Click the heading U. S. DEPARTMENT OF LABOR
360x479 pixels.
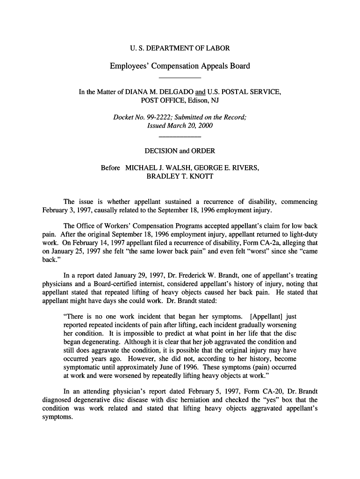pos(180,48)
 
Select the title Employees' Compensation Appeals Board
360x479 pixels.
pos(180,66)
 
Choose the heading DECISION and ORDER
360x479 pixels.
pos(180,151)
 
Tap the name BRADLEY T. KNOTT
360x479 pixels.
pos(180,176)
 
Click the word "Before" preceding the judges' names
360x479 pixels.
pos(110,168)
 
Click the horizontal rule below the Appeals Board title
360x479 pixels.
pos(180,77)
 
